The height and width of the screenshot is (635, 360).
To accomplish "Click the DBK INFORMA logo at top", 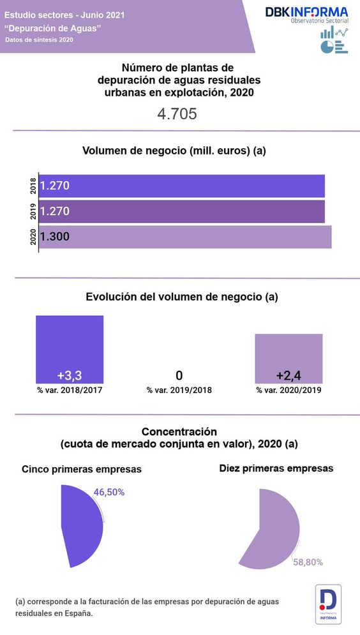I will point(307,15).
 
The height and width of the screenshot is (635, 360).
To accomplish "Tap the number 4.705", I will point(177,114).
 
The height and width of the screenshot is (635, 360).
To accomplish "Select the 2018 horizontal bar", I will point(182,186).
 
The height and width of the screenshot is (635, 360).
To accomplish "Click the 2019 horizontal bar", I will point(182,211).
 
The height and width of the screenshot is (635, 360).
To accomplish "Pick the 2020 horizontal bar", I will point(185,236).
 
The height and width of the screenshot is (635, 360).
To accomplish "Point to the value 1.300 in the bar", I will point(55,237).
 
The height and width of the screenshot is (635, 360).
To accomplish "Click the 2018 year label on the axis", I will point(33,186).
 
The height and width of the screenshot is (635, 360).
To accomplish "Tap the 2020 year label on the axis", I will point(33,237).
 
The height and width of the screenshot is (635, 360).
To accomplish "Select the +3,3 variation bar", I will point(70,349).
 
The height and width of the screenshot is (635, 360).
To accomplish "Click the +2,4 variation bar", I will point(289,357).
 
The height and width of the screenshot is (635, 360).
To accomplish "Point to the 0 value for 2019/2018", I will point(179,375).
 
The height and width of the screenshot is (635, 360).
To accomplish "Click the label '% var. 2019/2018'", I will point(179,390).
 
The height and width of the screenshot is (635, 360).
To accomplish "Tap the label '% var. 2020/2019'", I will point(289,390).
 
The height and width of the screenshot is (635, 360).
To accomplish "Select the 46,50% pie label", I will point(109,492).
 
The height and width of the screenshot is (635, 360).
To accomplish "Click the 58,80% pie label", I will point(308,562).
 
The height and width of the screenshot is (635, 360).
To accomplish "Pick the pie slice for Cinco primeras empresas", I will point(83,526).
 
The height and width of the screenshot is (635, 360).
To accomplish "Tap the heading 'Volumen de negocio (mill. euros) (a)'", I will point(174,151).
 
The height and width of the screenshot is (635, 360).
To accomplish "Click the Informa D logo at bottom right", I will point(328,603).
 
